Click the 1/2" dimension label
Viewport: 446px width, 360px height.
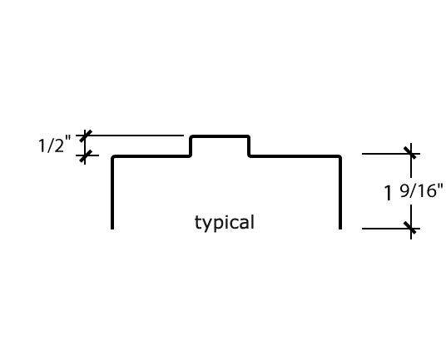[54, 145]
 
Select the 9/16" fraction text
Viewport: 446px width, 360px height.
[422, 190]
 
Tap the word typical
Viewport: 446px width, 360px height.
[225, 223]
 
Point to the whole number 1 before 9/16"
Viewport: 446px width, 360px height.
[388, 192]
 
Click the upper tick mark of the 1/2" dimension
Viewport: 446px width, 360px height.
[86, 136]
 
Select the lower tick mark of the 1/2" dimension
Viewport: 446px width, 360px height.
[85, 155]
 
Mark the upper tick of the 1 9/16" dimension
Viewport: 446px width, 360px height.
[411, 154]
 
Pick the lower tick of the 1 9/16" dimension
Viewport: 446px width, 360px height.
[411, 228]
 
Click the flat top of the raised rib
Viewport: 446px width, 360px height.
[220, 136]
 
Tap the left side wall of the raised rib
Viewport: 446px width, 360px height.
[191, 146]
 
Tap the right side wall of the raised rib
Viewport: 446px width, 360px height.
[249, 146]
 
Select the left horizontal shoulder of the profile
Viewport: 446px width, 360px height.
[151, 156]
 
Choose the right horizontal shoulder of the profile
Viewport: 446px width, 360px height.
[295, 156]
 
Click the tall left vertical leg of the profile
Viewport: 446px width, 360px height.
[112, 192]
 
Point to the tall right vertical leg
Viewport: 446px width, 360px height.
[340, 192]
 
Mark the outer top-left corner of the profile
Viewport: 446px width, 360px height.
[111, 155]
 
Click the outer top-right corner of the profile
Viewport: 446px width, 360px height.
[341, 155]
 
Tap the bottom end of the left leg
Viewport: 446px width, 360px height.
[112, 229]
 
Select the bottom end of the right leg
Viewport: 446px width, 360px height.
[340, 229]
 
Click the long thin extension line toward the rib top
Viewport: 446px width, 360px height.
[130, 136]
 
